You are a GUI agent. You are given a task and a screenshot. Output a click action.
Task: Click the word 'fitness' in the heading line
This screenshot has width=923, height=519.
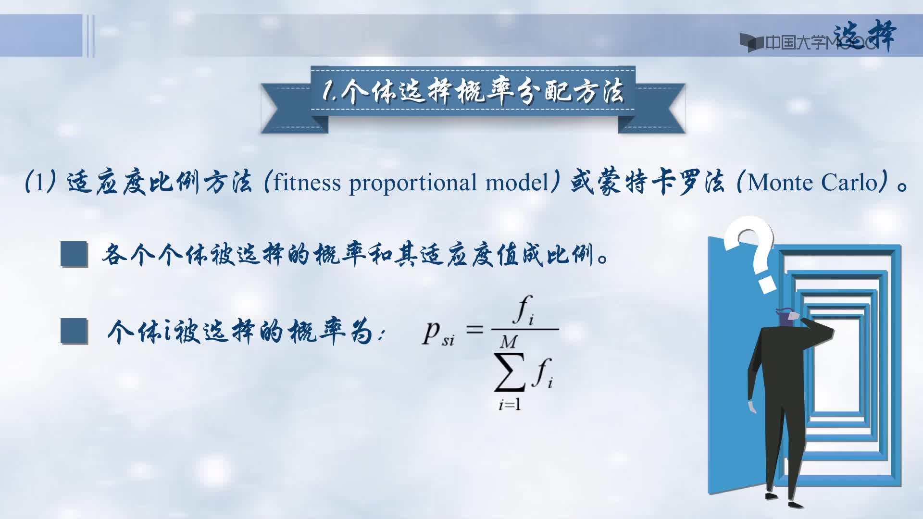click(307, 183)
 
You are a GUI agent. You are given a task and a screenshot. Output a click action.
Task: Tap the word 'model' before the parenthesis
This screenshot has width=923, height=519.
click(517, 183)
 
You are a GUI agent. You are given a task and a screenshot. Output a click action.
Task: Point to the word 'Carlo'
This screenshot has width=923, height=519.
click(850, 183)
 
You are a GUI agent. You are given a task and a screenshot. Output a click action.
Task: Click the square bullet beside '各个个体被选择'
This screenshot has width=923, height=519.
click(74, 254)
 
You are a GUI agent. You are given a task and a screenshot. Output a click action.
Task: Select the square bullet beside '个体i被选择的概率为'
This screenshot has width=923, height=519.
click(74, 331)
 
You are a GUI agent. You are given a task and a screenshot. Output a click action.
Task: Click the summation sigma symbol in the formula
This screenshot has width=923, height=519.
click(510, 372)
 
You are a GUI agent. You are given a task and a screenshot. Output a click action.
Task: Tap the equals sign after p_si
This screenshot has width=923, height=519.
click(474, 330)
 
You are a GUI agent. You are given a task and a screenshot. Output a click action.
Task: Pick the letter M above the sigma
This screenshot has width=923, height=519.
click(509, 342)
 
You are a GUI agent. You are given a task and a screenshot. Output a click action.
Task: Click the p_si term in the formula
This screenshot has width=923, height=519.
click(438, 333)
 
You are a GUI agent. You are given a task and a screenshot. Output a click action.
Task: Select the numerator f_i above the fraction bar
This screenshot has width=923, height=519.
click(524, 310)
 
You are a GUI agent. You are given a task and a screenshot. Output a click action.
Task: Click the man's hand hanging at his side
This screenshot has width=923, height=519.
click(751, 407)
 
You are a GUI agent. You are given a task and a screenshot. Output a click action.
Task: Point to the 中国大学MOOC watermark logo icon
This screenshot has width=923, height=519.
click(751, 43)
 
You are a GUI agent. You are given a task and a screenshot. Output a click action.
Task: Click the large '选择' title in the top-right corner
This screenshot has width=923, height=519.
click(864, 36)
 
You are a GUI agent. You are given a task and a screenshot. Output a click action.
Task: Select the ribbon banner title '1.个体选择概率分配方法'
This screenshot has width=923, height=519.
click(473, 91)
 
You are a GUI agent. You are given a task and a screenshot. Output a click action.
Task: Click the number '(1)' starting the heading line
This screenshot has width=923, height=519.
click(40, 183)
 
